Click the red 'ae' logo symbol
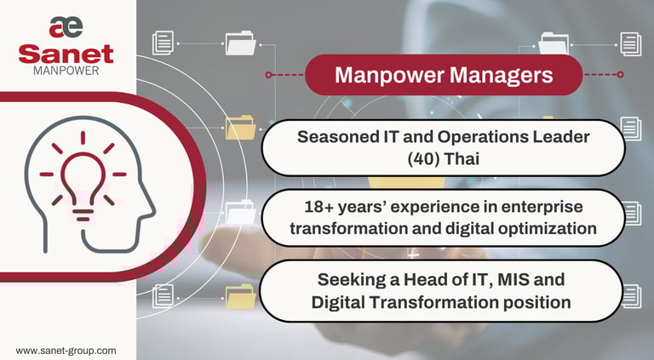(x=66, y=27)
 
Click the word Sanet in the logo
(x=66, y=54)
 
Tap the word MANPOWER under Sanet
(x=66, y=71)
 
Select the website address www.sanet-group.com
(x=66, y=351)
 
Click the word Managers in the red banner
(x=501, y=76)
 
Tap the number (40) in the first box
(x=422, y=159)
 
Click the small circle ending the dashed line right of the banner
(x=621, y=75)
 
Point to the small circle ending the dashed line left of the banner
(x=268, y=75)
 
